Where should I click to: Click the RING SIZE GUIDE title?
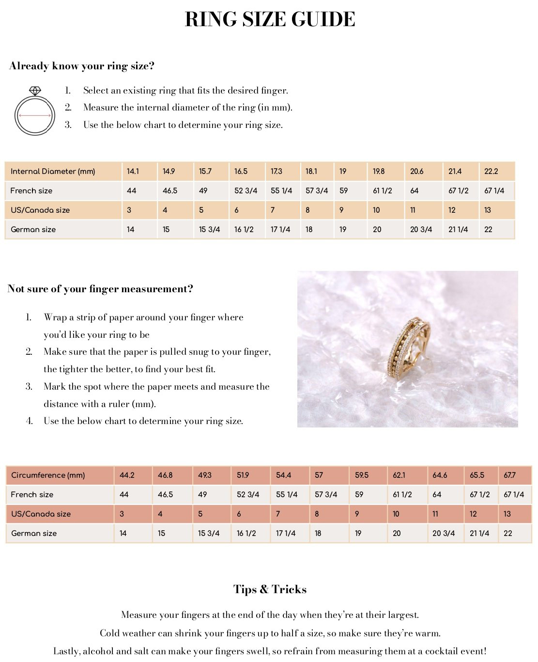click(x=270, y=19)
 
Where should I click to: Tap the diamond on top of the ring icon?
click(x=35, y=91)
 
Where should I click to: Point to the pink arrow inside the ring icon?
click(x=35, y=115)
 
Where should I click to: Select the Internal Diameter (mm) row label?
click(x=53, y=171)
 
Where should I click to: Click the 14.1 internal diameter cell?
click(x=133, y=171)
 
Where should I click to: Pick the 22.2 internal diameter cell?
click(x=491, y=171)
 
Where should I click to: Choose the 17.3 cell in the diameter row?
click(x=277, y=171)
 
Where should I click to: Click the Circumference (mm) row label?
click(x=48, y=475)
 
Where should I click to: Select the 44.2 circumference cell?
click(x=127, y=475)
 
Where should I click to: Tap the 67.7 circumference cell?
click(x=509, y=475)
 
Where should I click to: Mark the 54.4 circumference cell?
click(x=284, y=475)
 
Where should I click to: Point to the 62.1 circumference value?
click(x=399, y=475)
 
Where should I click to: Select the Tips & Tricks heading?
click(x=270, y=589)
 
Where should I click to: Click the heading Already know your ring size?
click(x=82, y=66)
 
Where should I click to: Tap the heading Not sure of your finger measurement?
click(x=100, y=289)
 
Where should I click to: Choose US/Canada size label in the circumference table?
click(x=41, y=514)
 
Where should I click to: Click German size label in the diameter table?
click(x=33, y=229)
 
